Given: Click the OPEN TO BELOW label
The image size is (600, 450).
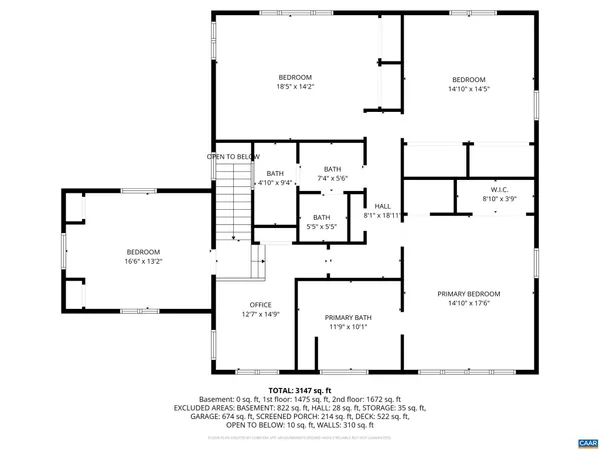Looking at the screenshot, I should (x=233, y=157).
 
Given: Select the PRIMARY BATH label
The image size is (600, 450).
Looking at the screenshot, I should (x=348, y=316).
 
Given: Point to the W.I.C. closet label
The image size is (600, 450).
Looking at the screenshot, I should (x=500, y=189).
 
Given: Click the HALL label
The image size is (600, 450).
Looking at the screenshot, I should (x=382, y=205).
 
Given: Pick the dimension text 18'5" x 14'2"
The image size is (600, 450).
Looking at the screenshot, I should (x=295, y=87).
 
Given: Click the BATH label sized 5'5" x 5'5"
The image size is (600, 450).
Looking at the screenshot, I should (x=322, y=217).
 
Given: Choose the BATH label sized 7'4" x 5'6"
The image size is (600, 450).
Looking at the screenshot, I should (x=333, y=169).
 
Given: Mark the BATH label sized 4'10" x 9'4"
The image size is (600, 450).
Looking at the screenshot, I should (x=274, y=174).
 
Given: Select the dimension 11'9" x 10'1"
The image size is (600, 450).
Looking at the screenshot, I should (x=348, y=326).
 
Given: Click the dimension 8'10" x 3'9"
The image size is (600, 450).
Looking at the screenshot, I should (x=500, y=199).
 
